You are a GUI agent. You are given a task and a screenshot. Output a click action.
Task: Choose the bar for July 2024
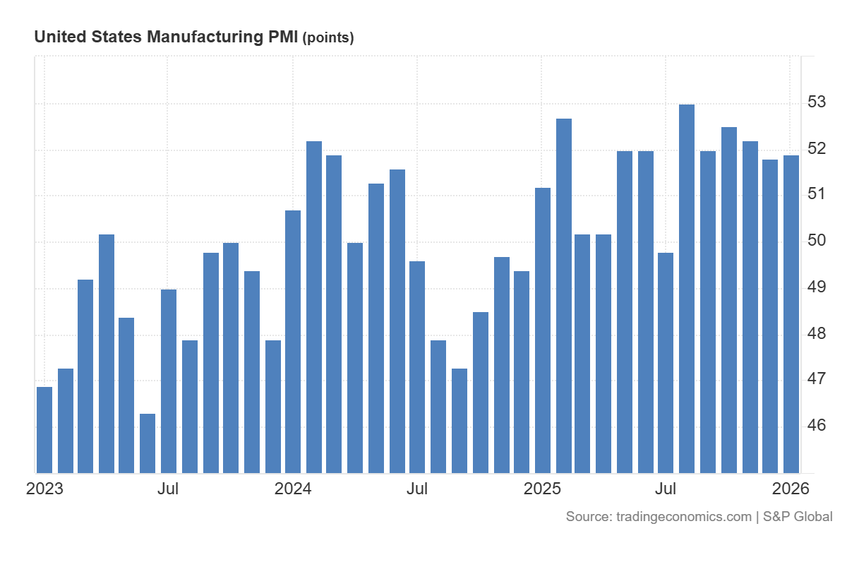click(417, 366)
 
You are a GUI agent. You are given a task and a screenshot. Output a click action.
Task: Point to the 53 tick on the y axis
click(816, 102)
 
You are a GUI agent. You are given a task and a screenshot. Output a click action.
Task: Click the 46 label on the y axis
click(816, 426)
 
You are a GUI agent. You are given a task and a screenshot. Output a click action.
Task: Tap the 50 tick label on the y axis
click(816, 241)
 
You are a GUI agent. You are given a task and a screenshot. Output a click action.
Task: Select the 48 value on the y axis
click(816, 333)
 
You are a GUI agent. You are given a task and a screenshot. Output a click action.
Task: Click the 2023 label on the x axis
click(44, 489)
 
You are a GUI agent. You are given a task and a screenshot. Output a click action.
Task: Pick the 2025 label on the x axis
click(542, 489)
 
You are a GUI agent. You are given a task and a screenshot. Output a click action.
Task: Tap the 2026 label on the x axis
click(791, 489)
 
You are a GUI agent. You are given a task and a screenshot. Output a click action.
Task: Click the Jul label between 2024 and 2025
click(417, 489)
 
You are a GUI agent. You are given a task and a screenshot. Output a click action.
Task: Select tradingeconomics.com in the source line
click(683, 517)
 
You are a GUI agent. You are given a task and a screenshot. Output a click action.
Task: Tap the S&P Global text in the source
click(797, 517)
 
